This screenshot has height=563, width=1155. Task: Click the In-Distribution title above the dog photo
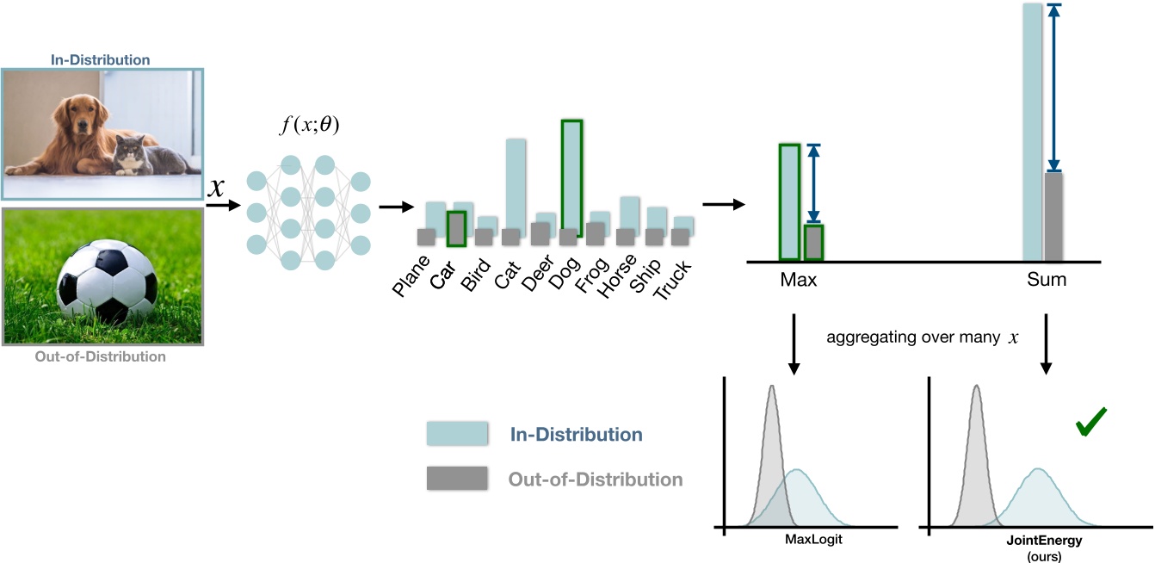102,60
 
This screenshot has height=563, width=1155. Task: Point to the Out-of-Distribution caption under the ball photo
102,356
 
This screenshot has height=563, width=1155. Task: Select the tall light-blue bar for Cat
516,185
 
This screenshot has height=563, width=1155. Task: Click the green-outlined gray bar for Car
457,228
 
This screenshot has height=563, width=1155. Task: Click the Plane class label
412,277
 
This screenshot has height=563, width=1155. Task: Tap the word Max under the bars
799,280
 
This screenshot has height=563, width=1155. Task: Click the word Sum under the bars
1046,280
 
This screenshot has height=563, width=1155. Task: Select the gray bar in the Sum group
1053,217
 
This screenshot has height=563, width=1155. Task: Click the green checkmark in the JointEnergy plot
1090,424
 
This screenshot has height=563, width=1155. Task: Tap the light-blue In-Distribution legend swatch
456,434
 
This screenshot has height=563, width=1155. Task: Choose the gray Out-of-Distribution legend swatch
456,479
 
